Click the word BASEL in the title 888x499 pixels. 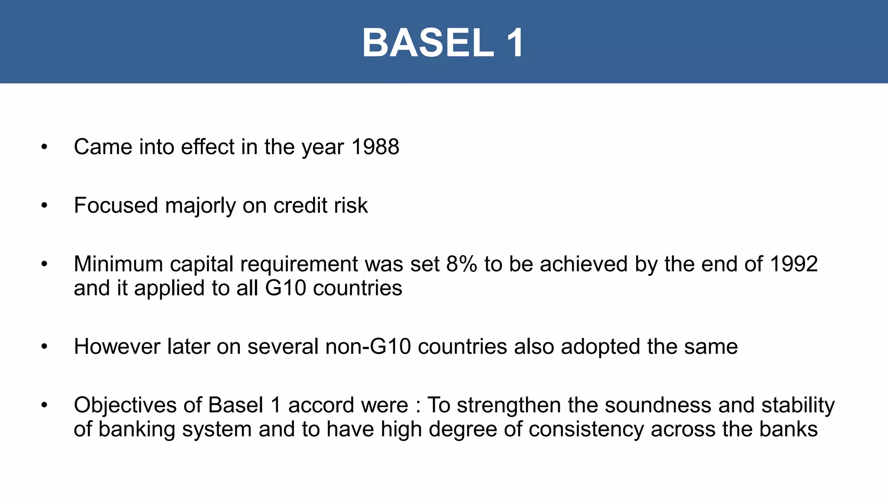428,43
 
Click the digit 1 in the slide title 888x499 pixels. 515,43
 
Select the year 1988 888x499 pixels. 375,147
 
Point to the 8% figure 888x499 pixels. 461,264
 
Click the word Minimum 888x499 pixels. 118,264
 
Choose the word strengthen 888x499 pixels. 509,405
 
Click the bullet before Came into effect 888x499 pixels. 44,147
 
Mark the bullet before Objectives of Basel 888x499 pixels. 44,405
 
